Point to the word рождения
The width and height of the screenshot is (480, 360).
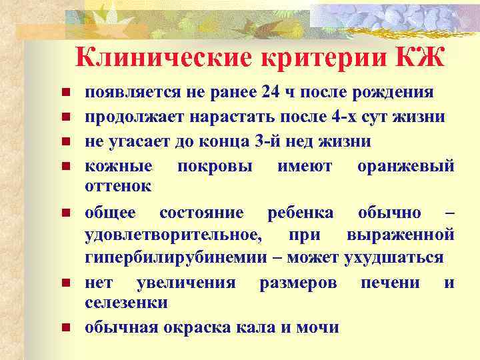tap(399, 92)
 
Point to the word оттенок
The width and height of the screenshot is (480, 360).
tap(119, 186)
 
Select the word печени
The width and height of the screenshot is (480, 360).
tap(390, 282)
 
